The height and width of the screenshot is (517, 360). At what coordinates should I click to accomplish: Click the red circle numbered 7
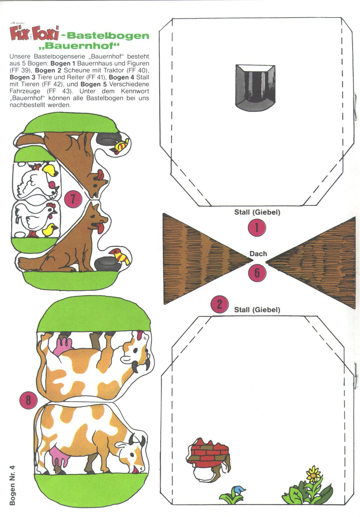click(73, 199)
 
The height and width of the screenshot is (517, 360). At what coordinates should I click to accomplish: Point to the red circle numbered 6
click(257, 273)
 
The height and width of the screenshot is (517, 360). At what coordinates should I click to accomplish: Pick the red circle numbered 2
click(219, 304)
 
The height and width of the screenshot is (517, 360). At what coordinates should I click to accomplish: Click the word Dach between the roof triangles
click(258, 254)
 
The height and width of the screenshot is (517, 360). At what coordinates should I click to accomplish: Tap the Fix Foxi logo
click(34, 33)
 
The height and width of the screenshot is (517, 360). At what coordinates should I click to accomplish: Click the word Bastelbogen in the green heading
click(108, 36)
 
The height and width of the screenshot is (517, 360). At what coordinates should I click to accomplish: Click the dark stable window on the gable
click(255, 88)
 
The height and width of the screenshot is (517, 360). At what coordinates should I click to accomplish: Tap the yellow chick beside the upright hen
click(50, 230)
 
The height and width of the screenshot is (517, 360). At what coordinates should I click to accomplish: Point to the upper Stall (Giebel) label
click(257, 212)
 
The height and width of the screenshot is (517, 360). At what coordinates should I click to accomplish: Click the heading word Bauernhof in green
click(79, 46)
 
